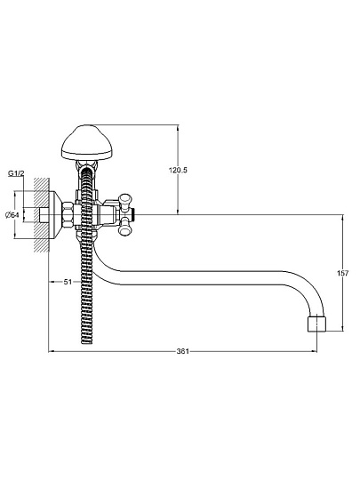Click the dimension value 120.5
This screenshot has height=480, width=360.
[x=178, y=170]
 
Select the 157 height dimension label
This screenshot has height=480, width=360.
[x=343, y=273]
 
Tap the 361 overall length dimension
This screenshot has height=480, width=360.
[x=183, y=351]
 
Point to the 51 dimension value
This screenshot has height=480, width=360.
[x=68, y=282]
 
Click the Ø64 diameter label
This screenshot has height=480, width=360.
[x=12, y=215]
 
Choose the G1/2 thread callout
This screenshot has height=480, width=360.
[x=16, y=173]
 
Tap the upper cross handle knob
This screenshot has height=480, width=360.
[x=125, y=202]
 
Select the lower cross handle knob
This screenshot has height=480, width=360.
[x=125, y=227]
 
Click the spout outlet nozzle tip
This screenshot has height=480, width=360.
[x=316, y=323]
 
